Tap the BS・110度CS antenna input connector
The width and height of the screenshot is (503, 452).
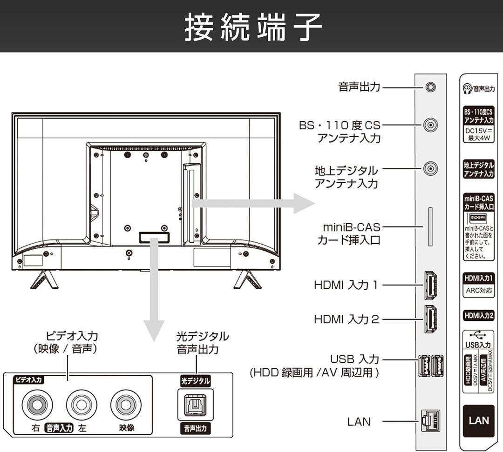point(431,125)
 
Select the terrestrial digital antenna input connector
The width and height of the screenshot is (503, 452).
point(431,169)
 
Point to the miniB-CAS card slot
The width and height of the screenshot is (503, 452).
point(430,226)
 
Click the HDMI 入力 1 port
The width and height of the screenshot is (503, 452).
point(430,285)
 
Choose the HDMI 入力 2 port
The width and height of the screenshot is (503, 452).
point(430,319)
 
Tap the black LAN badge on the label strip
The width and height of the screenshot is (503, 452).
point(479,420)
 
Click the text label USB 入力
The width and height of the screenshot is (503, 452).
point(354,359)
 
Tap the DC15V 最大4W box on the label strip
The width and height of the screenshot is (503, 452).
point(479,134)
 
